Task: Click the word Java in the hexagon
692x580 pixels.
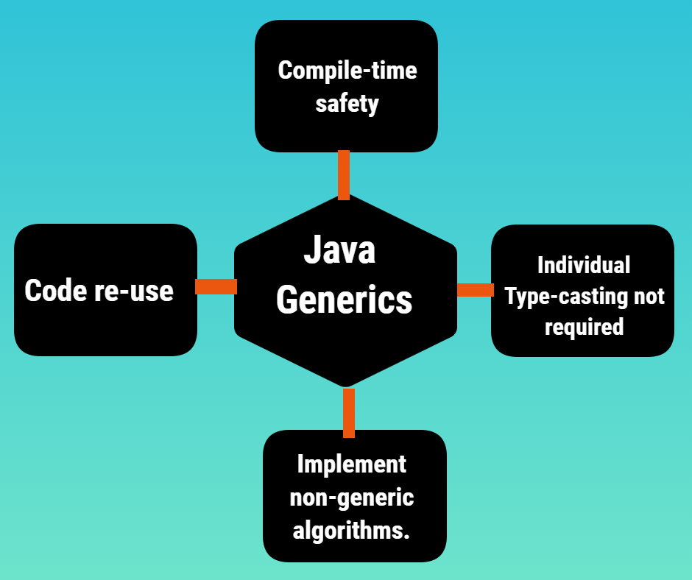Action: click(339, 251)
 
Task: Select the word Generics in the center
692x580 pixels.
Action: click(345, 300)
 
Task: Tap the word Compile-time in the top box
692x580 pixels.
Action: click(347, 71)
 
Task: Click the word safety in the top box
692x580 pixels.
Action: click(347, 104)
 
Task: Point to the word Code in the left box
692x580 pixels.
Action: click(56, 290)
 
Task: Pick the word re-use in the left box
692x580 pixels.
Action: click(133, 291)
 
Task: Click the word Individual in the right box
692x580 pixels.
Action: click(584, 264)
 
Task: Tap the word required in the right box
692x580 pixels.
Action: click(584, 326)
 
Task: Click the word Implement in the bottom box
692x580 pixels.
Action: click(351, 464)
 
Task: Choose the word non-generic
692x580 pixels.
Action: click(351, 498)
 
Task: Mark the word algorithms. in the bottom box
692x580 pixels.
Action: click(351, 530)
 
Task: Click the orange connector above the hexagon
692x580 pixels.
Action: click(343, 175)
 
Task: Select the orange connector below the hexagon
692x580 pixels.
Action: click(349, 412)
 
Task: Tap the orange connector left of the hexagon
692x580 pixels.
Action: click(216, 286)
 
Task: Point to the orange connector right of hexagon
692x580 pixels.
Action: click(475, 290)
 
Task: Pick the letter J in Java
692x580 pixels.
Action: click(311, 251)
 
